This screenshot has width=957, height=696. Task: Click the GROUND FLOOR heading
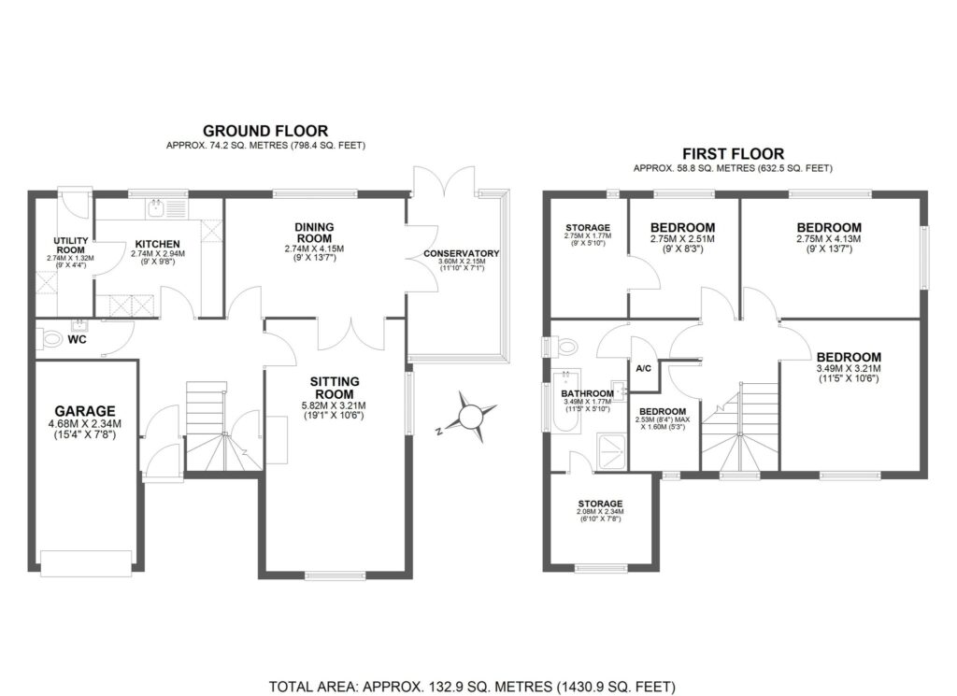point(265,131)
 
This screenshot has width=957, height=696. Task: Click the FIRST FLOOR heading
point(733,154)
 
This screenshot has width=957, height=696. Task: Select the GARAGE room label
point(84,410)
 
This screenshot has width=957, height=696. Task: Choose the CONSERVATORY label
point(461,254)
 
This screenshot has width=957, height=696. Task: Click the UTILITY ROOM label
point(71,246)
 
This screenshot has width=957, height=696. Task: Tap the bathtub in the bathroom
point(564,405)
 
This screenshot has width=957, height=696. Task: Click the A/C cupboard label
point(643,368)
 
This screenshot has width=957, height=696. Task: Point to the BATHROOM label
point(587,393)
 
